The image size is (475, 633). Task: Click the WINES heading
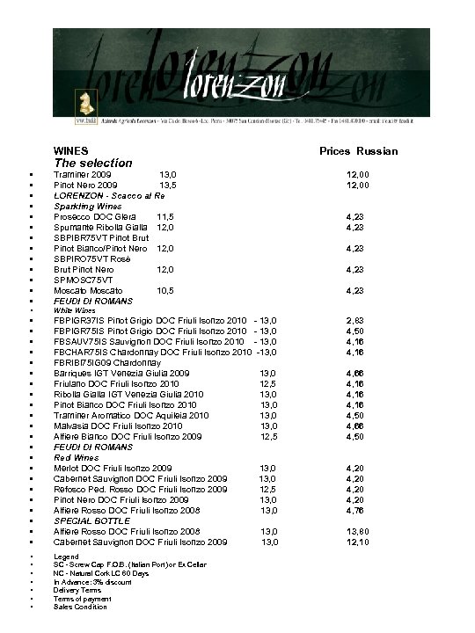tap(70, 151)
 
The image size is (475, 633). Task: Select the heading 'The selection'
tap(92, 163)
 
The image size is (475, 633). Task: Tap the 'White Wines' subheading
tap(75, 310)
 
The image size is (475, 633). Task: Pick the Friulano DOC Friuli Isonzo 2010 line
tap(132, 383)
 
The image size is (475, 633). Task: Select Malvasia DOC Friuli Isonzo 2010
tap(130, 426)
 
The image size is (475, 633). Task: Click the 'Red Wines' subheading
tap(75, 457)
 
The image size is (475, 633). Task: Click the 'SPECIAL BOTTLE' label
tap(91, 520)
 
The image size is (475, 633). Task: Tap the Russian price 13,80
tap(358, 531)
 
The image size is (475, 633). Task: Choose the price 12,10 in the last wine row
tap(358, 542)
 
